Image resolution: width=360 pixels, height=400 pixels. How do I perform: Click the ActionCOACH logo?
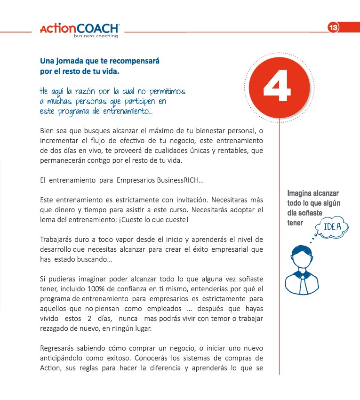[x=80, y=29]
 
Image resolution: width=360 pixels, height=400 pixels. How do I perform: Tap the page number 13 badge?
[x=333, y=28]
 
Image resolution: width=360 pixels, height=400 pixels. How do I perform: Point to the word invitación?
[x=178, y=199]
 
